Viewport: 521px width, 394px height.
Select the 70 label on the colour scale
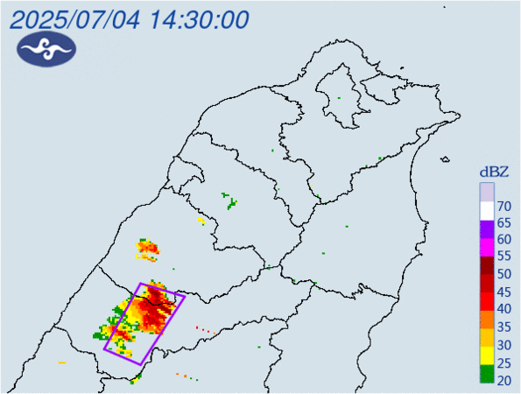503,207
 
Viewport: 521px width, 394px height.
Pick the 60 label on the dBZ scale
503,239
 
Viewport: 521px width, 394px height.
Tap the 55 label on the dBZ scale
503,257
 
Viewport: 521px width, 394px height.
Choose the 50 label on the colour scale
503,274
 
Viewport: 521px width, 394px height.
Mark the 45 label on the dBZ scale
503,291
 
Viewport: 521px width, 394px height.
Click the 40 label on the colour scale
503,308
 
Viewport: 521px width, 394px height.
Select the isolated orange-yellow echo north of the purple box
147,252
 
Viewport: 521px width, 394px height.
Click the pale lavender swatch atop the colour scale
487,192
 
